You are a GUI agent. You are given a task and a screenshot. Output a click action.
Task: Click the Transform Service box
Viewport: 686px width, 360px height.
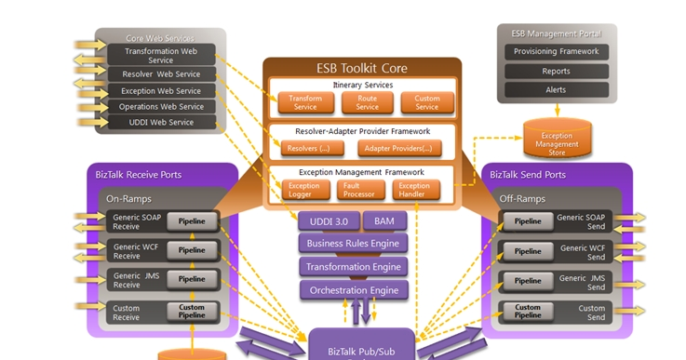coord(304,102)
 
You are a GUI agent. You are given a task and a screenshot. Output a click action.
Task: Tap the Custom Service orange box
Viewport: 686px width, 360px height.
coord(426,102)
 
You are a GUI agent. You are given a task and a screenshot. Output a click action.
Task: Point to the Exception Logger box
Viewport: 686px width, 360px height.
coord(303,190)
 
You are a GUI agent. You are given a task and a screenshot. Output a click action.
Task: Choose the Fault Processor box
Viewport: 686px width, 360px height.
coord(357,190)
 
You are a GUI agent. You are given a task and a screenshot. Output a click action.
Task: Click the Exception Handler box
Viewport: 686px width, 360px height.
coord(414,190)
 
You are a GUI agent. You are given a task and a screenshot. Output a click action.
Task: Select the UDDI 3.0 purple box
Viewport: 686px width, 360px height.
coord(328,220)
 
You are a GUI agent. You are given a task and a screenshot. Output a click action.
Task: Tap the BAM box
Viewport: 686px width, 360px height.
coord(384,220)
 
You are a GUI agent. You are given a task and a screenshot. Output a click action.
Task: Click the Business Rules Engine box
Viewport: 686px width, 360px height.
coord(354,244)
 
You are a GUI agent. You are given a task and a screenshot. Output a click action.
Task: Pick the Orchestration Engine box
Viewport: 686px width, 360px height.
coord(354,289)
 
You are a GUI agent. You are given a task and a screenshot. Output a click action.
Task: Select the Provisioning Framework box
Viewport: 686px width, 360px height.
coord(557,52)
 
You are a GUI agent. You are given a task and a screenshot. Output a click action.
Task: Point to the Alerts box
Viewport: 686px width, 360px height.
coord(557,89)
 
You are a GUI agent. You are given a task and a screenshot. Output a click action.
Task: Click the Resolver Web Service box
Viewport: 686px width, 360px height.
coord(161,73)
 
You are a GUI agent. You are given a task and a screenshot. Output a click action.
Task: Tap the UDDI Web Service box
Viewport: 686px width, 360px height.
coord(161,122)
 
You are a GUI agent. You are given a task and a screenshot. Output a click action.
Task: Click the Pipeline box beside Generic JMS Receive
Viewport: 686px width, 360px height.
coord(192,279)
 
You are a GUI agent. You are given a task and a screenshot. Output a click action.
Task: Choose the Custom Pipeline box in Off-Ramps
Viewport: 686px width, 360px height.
coord(528,311)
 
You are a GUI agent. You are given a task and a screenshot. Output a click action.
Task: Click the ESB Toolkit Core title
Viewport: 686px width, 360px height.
coord(361,68)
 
